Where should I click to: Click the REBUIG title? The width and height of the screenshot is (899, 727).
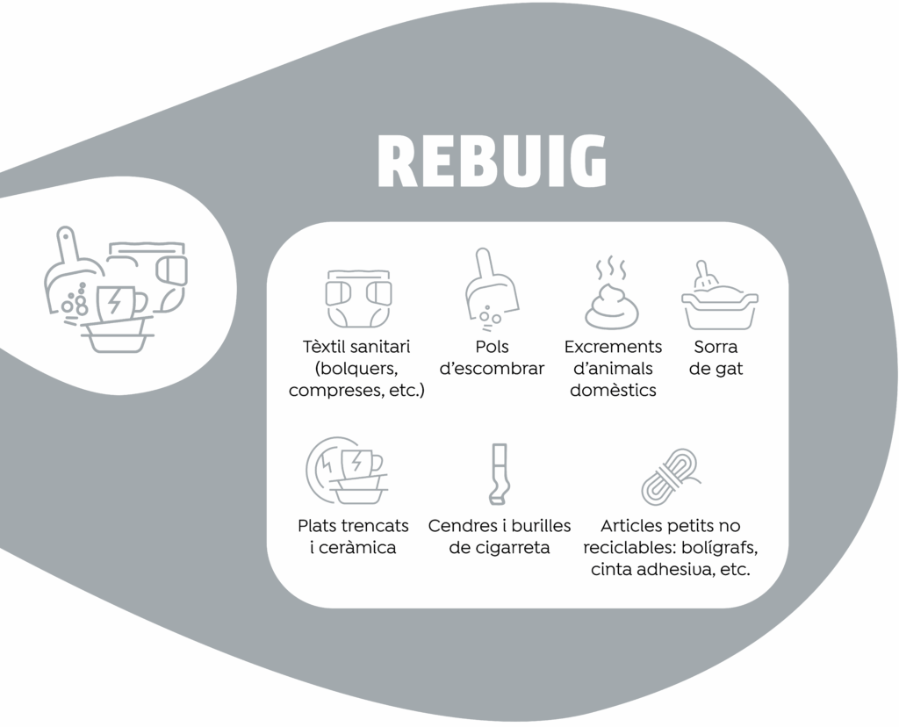(492, 162)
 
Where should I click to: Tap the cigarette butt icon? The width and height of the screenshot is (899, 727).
(498, 475)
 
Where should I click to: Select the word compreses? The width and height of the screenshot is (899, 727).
(334, 390)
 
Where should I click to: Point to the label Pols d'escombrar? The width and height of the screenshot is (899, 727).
(492, 357)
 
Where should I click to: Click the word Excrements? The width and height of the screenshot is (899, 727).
(613, 347)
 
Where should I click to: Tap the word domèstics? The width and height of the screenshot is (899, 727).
(613, 390)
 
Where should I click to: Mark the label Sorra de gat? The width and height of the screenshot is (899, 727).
(716, 357)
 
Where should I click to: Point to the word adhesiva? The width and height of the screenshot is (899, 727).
(682, 569)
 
